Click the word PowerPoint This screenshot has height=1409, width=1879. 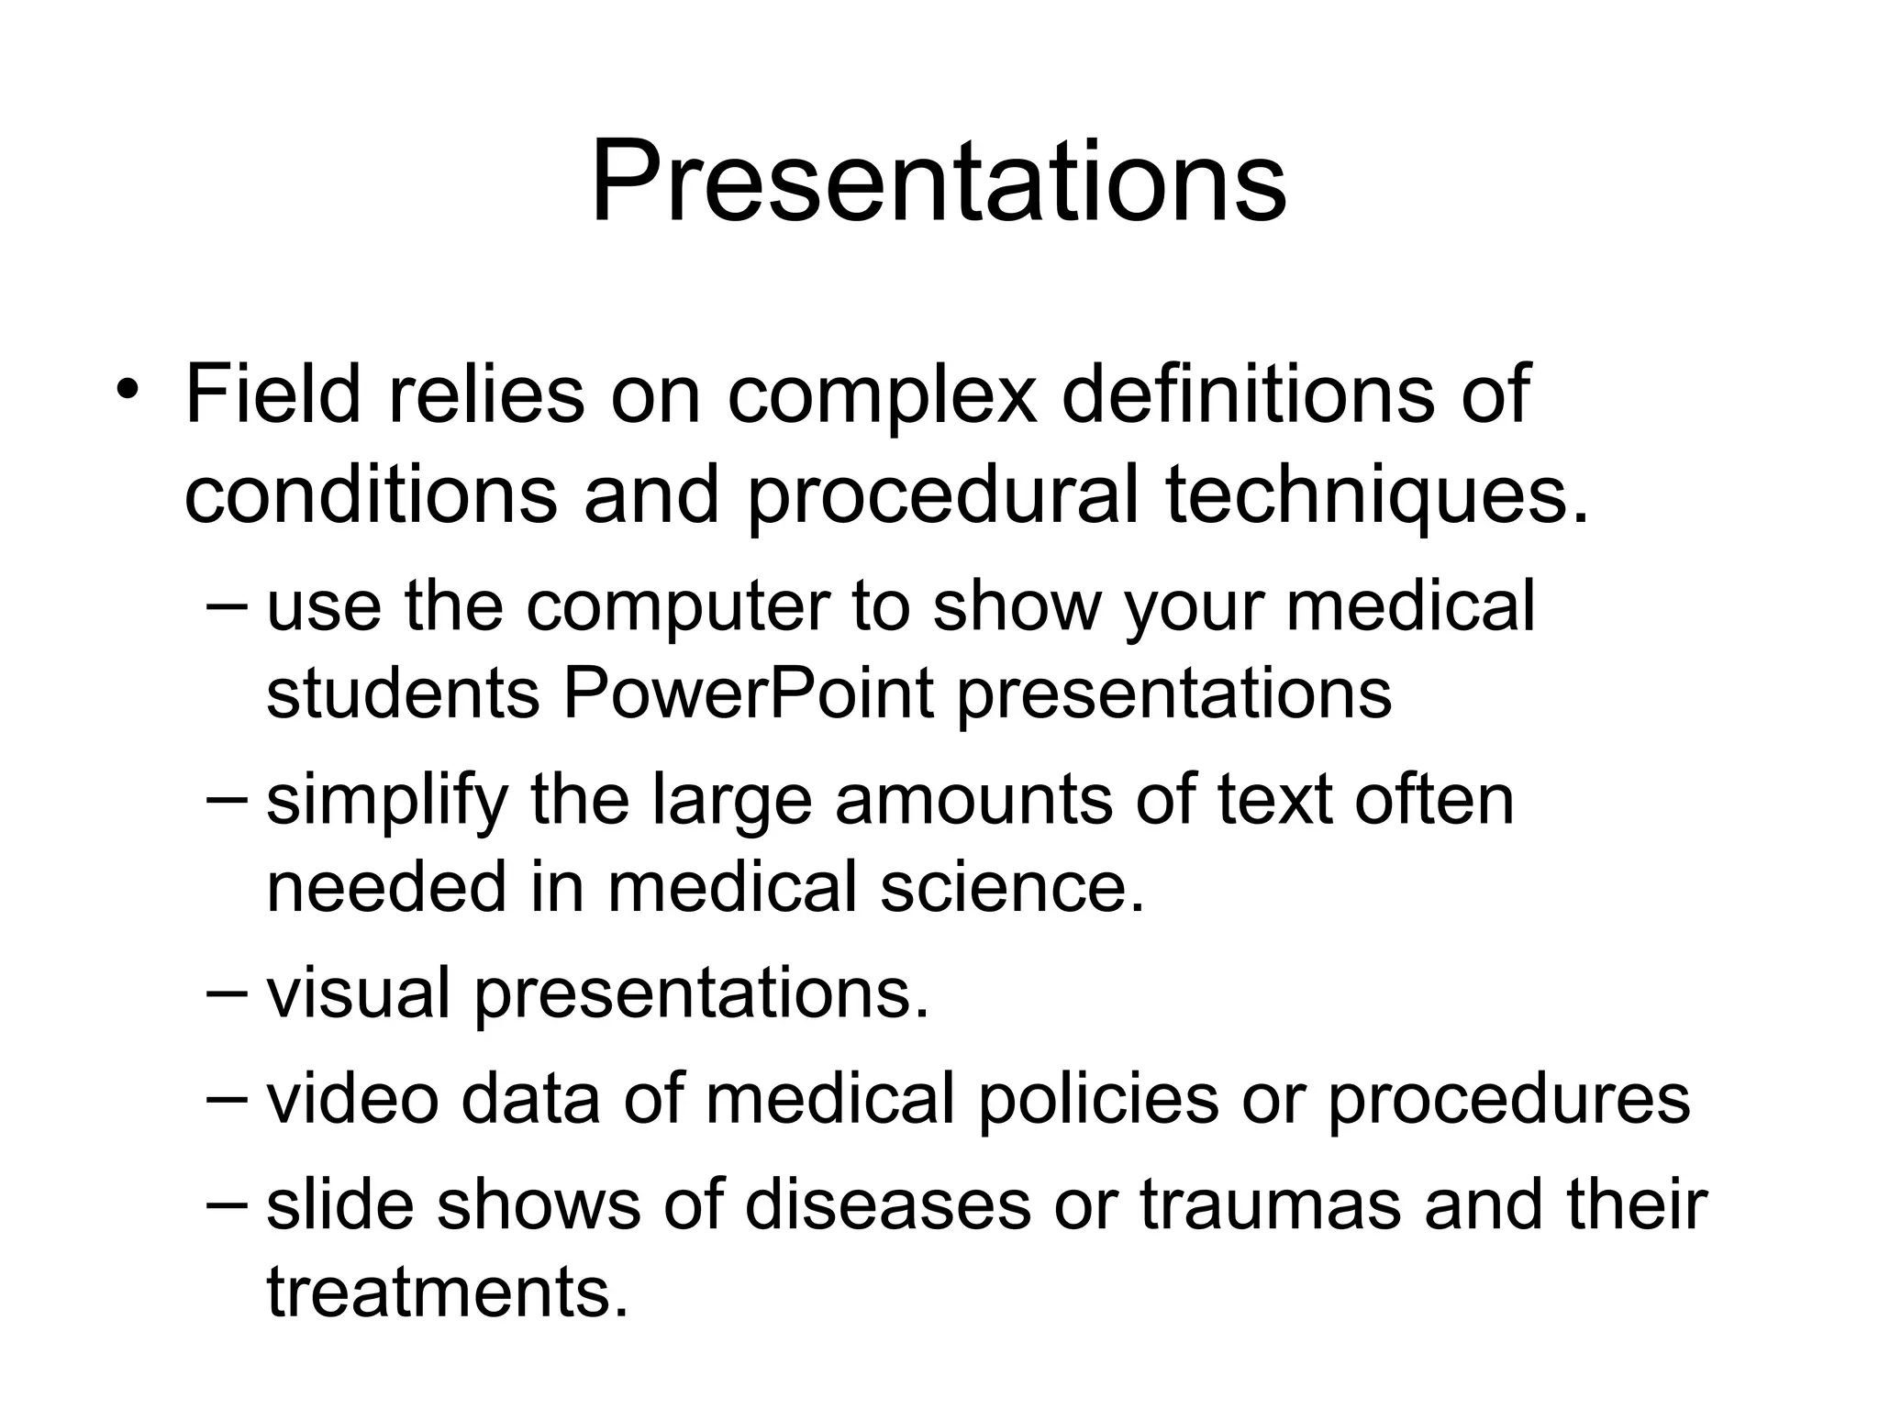(x=748, y=694)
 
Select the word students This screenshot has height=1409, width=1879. (x=403, y=694)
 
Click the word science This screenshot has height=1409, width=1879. (x=1012, y=887)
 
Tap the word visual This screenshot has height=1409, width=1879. (x=358, y=994)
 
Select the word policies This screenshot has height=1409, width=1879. (x=1097, y=1101)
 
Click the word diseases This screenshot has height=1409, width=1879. (x=888, y=1205)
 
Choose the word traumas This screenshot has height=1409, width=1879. (x=1271, y=1205)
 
